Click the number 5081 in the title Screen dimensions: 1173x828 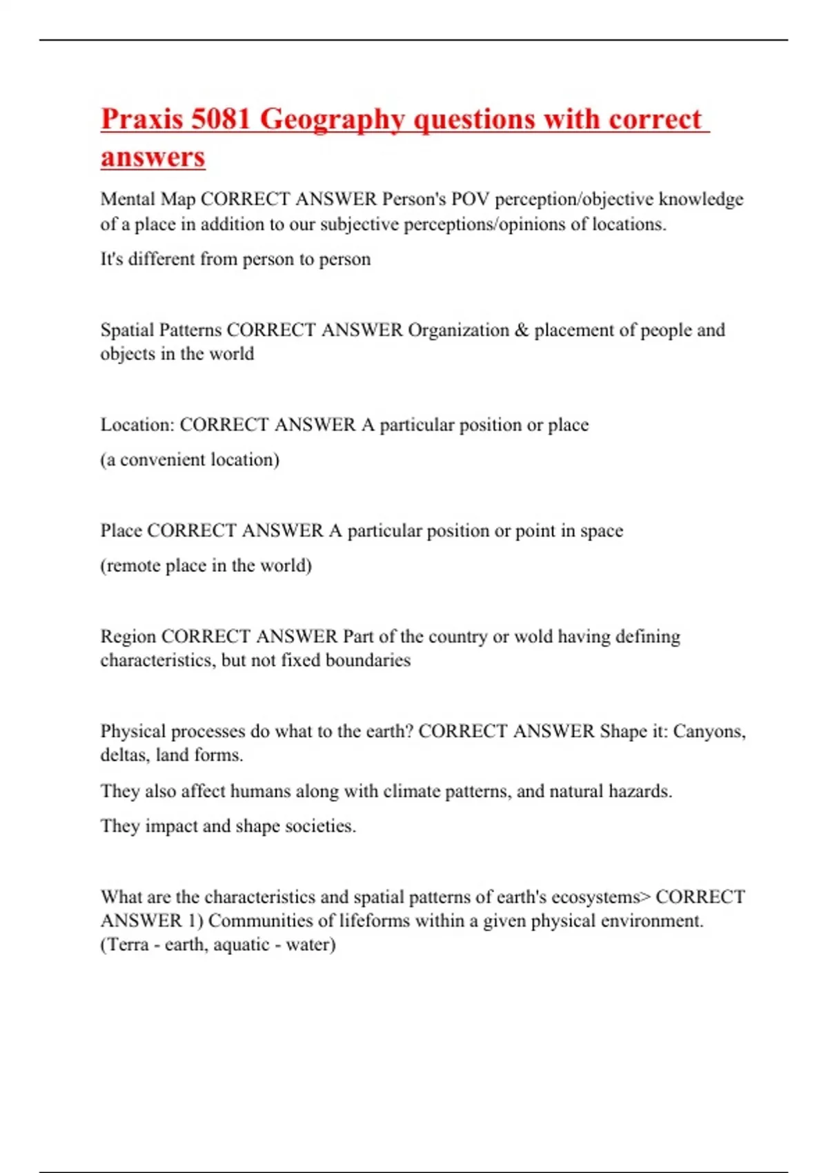(220, 119)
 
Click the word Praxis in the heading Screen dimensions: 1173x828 (142, 119)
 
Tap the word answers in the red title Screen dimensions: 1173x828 (152, 157)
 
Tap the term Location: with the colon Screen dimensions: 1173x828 (137, 424)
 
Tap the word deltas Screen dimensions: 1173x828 (125, 755)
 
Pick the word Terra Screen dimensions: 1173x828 (128, 944)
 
